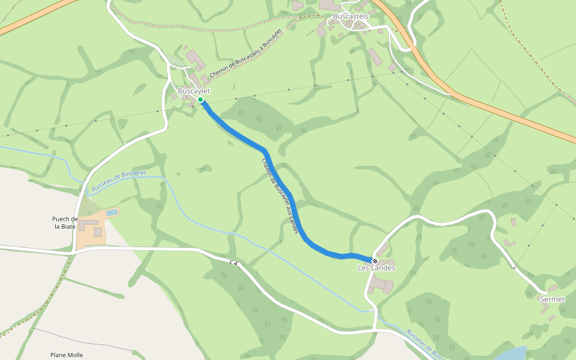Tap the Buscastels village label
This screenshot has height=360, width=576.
(350, 16)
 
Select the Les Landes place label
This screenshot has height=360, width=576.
(376, 268)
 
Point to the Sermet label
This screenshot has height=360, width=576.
(552, 299)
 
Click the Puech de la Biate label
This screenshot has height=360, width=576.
(65, 223)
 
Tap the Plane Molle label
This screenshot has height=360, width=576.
(67, 355)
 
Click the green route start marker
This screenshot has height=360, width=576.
(200, 100)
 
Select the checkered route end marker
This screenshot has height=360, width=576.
(375, 261)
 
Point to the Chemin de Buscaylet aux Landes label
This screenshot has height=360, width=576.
(280, 196)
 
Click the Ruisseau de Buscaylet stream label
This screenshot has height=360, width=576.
(118, 181)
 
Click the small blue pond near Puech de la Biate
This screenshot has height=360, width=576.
(112, 212)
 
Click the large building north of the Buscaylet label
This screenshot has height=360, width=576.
(196, 60)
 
